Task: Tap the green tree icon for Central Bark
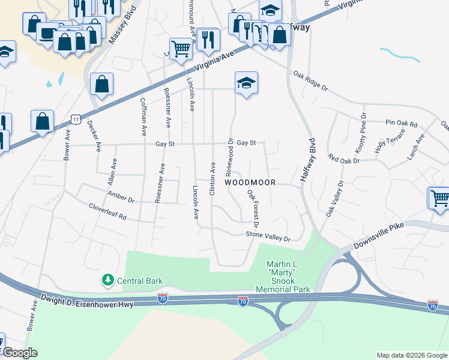coord(108,280)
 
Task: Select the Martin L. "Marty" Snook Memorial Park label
coord(283,277)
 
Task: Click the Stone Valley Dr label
coord(268,238)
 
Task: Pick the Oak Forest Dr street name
coord(253,209)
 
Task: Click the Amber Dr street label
coord(121,196)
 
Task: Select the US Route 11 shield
coord(75,119)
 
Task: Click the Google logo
coord(20,352)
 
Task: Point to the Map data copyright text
coord(411,355)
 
